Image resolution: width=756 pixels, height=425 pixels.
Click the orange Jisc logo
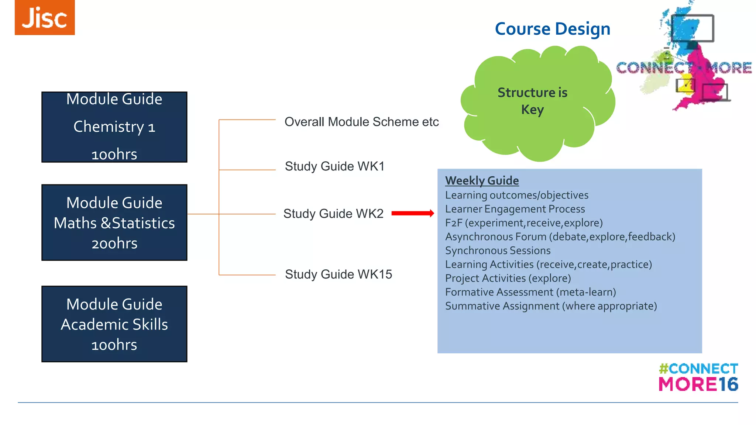[45, 17]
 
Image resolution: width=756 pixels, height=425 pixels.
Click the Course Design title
[552, 29]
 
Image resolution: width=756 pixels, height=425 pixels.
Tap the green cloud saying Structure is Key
[532, 101]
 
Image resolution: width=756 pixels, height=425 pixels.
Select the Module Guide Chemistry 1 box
[114, 127]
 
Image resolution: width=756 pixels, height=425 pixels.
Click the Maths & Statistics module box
[114, 222]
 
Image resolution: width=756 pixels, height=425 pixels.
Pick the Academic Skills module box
[114, 324]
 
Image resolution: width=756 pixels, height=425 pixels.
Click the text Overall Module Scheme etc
[361, 122]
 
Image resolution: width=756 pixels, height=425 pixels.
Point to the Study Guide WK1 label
[334, 166]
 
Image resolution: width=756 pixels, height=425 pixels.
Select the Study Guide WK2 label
[333, 214]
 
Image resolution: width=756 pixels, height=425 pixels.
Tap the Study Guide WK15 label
[338, 274]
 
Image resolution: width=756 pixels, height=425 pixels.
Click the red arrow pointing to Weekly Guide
[412, 213]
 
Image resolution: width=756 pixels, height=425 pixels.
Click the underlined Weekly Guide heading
[482, 180]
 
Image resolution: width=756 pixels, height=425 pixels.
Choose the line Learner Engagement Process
[515, 209]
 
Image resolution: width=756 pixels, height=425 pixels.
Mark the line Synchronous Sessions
[498, 250]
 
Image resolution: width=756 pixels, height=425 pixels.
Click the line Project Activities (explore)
[508, 278]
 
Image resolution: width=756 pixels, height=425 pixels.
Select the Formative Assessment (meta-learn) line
[530, 292]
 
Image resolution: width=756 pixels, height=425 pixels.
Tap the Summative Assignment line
[551, 306]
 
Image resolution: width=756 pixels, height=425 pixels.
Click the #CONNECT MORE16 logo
[698, 377]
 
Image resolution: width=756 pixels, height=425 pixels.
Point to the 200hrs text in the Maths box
[114, 243]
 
